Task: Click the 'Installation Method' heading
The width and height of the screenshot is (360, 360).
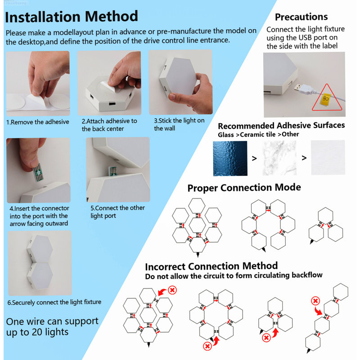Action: tap(72, 17)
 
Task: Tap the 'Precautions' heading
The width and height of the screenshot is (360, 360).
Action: tap(301, 17)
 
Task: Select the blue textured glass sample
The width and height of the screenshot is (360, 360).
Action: tap(230, 158)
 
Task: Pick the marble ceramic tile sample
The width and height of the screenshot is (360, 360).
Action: tap(279, 158)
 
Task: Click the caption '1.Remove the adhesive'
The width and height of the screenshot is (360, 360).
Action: tap(38, 122)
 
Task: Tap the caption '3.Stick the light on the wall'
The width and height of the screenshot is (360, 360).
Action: tap(179, 125)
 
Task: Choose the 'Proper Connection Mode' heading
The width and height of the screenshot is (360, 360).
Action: tap(244, 188)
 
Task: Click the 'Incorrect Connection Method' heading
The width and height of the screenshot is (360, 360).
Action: tap(211, 266)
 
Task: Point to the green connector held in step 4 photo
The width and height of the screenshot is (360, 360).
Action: tap(38, 172)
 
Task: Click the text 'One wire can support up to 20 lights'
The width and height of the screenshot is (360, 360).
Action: tap(52, 327)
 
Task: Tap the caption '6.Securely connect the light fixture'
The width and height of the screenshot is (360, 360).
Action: tap(54, 302)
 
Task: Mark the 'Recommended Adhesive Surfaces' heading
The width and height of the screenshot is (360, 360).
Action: tap(281, 126)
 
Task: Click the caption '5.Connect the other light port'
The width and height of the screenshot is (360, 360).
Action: tap(117, 211)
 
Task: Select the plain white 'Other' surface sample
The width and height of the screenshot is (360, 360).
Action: tap(328, 157)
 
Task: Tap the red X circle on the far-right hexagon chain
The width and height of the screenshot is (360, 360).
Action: tap(315, 301)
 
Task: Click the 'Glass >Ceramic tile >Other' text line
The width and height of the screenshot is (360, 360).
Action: tap(258, 134)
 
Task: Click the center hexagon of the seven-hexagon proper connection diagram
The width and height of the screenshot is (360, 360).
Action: tap(197, 225)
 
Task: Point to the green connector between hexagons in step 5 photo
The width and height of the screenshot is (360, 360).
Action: tap(112, 171)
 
